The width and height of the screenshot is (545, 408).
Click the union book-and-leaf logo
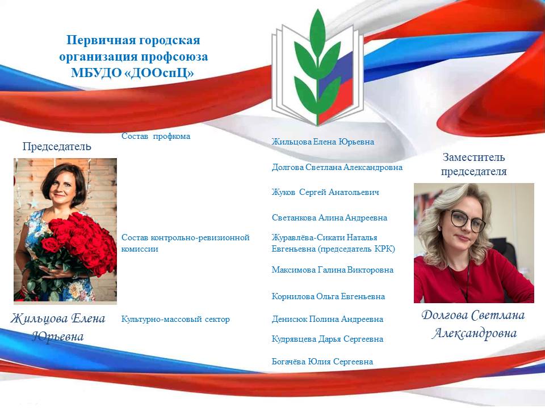tap(317, 67)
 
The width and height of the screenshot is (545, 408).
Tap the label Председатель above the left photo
tap(57, 146)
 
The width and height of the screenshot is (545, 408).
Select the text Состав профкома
tap(156, 136)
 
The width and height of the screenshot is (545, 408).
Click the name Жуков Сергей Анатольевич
tap(325, 192)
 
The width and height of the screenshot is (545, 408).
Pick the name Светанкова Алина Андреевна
tap(329, 218)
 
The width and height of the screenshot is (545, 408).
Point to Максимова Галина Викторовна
tap(333, 270)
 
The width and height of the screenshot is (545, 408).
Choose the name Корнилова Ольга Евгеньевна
tap(329, 296)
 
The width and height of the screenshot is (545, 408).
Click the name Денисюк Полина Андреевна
tap(328, 319)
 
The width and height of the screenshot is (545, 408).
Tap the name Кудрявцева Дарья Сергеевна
tap(328, 339)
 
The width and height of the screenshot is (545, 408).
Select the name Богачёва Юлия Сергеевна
tap(322, 362)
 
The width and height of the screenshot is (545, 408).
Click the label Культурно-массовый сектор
tap(175, 319)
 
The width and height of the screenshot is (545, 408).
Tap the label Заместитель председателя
tap(473, 164)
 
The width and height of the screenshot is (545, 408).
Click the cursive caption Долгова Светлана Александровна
tap(473, 324)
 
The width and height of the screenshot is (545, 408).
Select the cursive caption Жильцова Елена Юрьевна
tap(58, 327)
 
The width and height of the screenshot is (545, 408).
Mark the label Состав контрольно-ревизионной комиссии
tap(185, 243)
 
